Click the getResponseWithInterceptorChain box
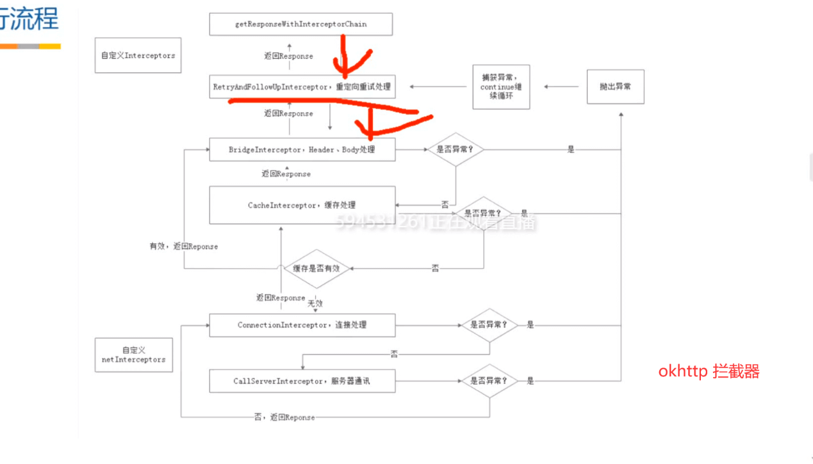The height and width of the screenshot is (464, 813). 300,24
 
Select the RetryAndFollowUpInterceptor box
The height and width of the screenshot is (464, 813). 302,86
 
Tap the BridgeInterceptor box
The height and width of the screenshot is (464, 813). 302,150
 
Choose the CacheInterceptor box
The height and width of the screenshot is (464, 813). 302,205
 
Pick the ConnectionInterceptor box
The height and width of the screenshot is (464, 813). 302,325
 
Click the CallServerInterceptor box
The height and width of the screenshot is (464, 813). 302,381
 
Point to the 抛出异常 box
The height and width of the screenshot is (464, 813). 615,86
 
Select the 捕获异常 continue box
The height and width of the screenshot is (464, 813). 501,86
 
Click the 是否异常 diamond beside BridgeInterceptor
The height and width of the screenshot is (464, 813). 456,149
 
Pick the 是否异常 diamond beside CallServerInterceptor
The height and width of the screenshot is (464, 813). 489,381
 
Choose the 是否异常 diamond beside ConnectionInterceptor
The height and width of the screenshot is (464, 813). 489,325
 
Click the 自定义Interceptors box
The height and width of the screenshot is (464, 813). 138,56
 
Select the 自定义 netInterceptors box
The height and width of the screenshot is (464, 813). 133,355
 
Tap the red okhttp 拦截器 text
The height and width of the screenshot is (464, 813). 709,372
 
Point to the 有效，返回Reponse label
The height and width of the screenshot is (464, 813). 184,246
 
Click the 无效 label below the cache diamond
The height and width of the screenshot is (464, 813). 315,303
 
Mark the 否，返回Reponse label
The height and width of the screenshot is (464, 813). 284,417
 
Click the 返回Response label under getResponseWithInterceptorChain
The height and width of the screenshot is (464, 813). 288,56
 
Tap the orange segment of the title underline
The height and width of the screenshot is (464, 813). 8,46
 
